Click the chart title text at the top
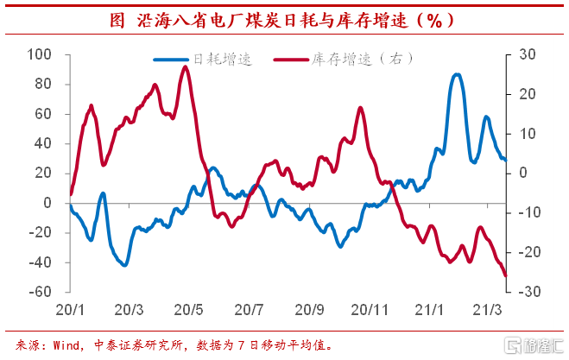[x=284, y=19]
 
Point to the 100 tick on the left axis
[x=40, y=54]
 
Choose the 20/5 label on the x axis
[x=188, y=309]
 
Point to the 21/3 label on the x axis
[x=488, y=309]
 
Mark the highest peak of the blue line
[x=457, y=74]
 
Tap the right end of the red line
[x=506, y=276]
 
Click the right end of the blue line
[x=506, y=160]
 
